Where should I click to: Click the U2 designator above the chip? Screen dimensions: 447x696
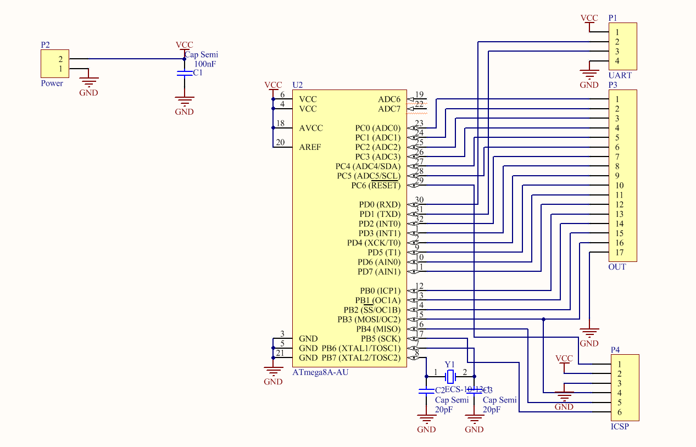point(297,85)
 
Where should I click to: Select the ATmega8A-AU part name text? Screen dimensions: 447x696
point(320,372)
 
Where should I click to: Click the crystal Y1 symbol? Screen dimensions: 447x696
point(450,377)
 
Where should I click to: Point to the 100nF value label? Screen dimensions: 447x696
point(205,64)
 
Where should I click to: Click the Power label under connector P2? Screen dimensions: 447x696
point(52,83)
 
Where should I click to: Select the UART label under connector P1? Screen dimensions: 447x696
point(620,75)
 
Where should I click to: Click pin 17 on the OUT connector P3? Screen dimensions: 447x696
point(619,253)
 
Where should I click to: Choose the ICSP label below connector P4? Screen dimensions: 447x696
point(620,427)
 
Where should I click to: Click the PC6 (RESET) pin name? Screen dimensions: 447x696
point(376,186)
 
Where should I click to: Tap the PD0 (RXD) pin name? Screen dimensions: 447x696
point(380,205)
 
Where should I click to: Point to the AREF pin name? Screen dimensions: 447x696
point(310,147)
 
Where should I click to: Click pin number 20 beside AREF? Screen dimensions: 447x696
point(280,142)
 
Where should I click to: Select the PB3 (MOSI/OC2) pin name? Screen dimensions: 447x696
point(369,320)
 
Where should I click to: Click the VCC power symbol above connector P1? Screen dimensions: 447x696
point(589,19)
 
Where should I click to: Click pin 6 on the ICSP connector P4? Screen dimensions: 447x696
point(619,412)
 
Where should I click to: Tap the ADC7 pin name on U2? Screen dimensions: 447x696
point(389,109)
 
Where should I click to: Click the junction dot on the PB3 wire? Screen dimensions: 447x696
point(543,319)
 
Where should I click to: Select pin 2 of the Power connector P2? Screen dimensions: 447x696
point(60,59)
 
